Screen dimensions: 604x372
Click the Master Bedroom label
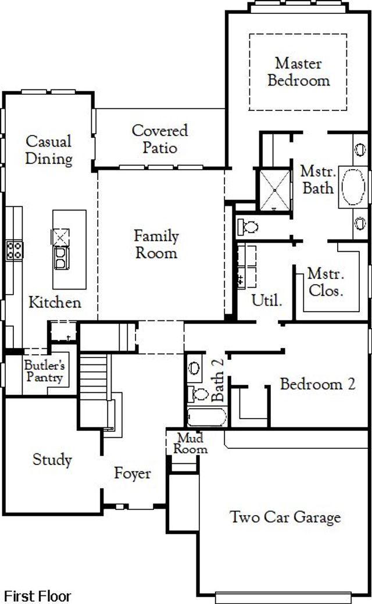pyautogui.click(x=298, y=72)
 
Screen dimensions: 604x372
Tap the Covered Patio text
pyautogui.click(x=160, y=139)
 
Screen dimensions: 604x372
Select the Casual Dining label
pyautogui.click(x=49, y=150)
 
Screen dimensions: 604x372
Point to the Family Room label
pyautogui.click(x=156, y=244)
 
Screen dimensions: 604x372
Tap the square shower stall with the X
pyautogui.click(x=274, y=190)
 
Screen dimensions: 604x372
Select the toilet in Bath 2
pyautogui.click(x=198, y=394)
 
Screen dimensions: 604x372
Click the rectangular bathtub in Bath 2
pyautogui.click(x=206, y=417)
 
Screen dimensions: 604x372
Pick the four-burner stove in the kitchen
pyautogui.click(x=14, y=251)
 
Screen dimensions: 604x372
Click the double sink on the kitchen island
pyautogui.click(x=61, y=257)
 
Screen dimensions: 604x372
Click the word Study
pyautogui.click(x=52, y=460)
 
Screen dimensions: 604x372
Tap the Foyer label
pyautogui.click(x=132, y=473)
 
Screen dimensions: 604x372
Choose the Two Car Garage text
pyautogui.click(x=285, y=517)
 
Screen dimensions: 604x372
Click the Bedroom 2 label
pyautogui.click(x=317, y=384)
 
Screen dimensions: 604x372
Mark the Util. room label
pyautogui.click(x=267, y=301)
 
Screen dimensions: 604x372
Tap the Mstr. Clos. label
pyautogui.click(x=325, y=282)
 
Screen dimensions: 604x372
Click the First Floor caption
pyautogui.click(x=38, y=596)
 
